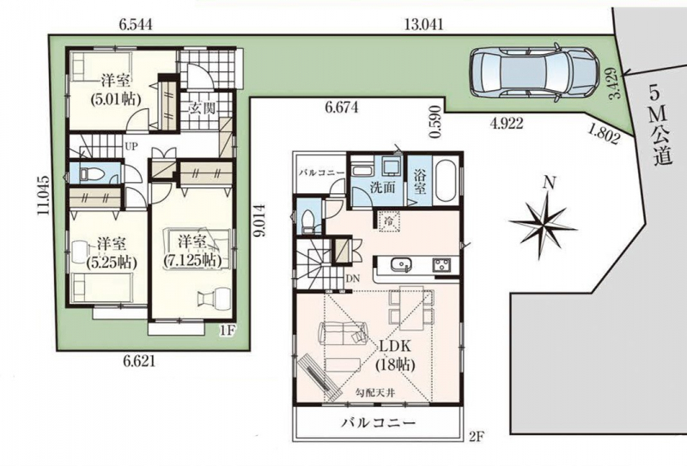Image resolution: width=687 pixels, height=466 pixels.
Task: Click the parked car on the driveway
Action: pyautogui.click(x=534, y=73)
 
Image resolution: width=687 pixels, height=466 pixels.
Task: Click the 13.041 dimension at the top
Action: pyautogui.click(x=423, y=25)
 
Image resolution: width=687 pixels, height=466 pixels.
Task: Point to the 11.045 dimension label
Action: pyautogui.click(x=43, y=196)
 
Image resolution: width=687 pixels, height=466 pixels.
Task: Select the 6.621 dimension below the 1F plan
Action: pyautogui.click(x=139, y=361)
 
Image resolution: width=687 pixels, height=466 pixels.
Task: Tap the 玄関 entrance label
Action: pyautogui.click(x=202, y=108)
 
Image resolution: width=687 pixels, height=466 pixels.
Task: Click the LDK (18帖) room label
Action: pyautogui.click(x=394, y=354)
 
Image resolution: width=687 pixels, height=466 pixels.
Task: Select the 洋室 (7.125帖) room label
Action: pyautogui.click(x=192, y=251)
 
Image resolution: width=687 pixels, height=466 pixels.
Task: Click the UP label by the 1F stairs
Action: pyautogui.click(x=131, y=147)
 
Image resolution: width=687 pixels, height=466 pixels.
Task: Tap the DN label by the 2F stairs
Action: pyautogui.click(x=352, y=278)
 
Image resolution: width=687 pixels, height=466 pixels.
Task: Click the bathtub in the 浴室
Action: pyautogui.click(x=445, y=182)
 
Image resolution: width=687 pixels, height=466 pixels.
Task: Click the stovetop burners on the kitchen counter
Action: pyautogui.click(x=442, y=264)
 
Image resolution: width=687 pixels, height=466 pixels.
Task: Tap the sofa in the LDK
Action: pyautogui.click(x=343, y=333)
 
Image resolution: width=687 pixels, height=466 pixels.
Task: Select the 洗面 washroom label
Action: pyautogui.click(x=382, y=187)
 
